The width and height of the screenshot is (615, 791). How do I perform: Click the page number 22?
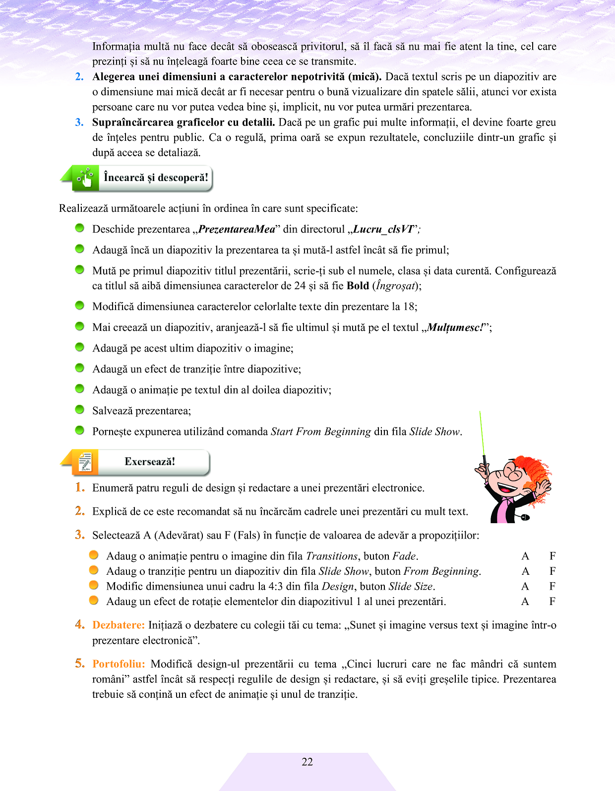coord(307,762)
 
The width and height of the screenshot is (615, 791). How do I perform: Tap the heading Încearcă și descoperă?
coord(156,178)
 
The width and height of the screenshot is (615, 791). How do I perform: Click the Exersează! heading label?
coord(150,461)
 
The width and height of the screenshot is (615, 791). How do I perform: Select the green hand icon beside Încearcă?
coord(86,178)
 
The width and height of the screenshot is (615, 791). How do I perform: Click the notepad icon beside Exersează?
coord(85,462)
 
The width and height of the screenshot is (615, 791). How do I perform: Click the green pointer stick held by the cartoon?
coord(482,436)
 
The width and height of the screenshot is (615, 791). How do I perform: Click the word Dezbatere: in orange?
coord(119,625)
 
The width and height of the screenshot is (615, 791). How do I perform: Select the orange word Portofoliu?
coord(119,664)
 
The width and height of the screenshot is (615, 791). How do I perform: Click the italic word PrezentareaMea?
coord(236,229)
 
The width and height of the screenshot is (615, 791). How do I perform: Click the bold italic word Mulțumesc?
coord(455,327)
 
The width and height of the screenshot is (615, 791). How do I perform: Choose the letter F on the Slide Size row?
coord(552,586)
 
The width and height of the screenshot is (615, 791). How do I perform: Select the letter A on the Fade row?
coord(525,556)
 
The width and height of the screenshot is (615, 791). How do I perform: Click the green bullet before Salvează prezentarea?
coord(79,410)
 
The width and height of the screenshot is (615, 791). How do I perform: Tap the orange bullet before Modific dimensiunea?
coord(94,585)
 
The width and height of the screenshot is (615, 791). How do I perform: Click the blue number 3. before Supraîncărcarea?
coord(79,122)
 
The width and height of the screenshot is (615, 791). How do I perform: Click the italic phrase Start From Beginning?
coord(320,431)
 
